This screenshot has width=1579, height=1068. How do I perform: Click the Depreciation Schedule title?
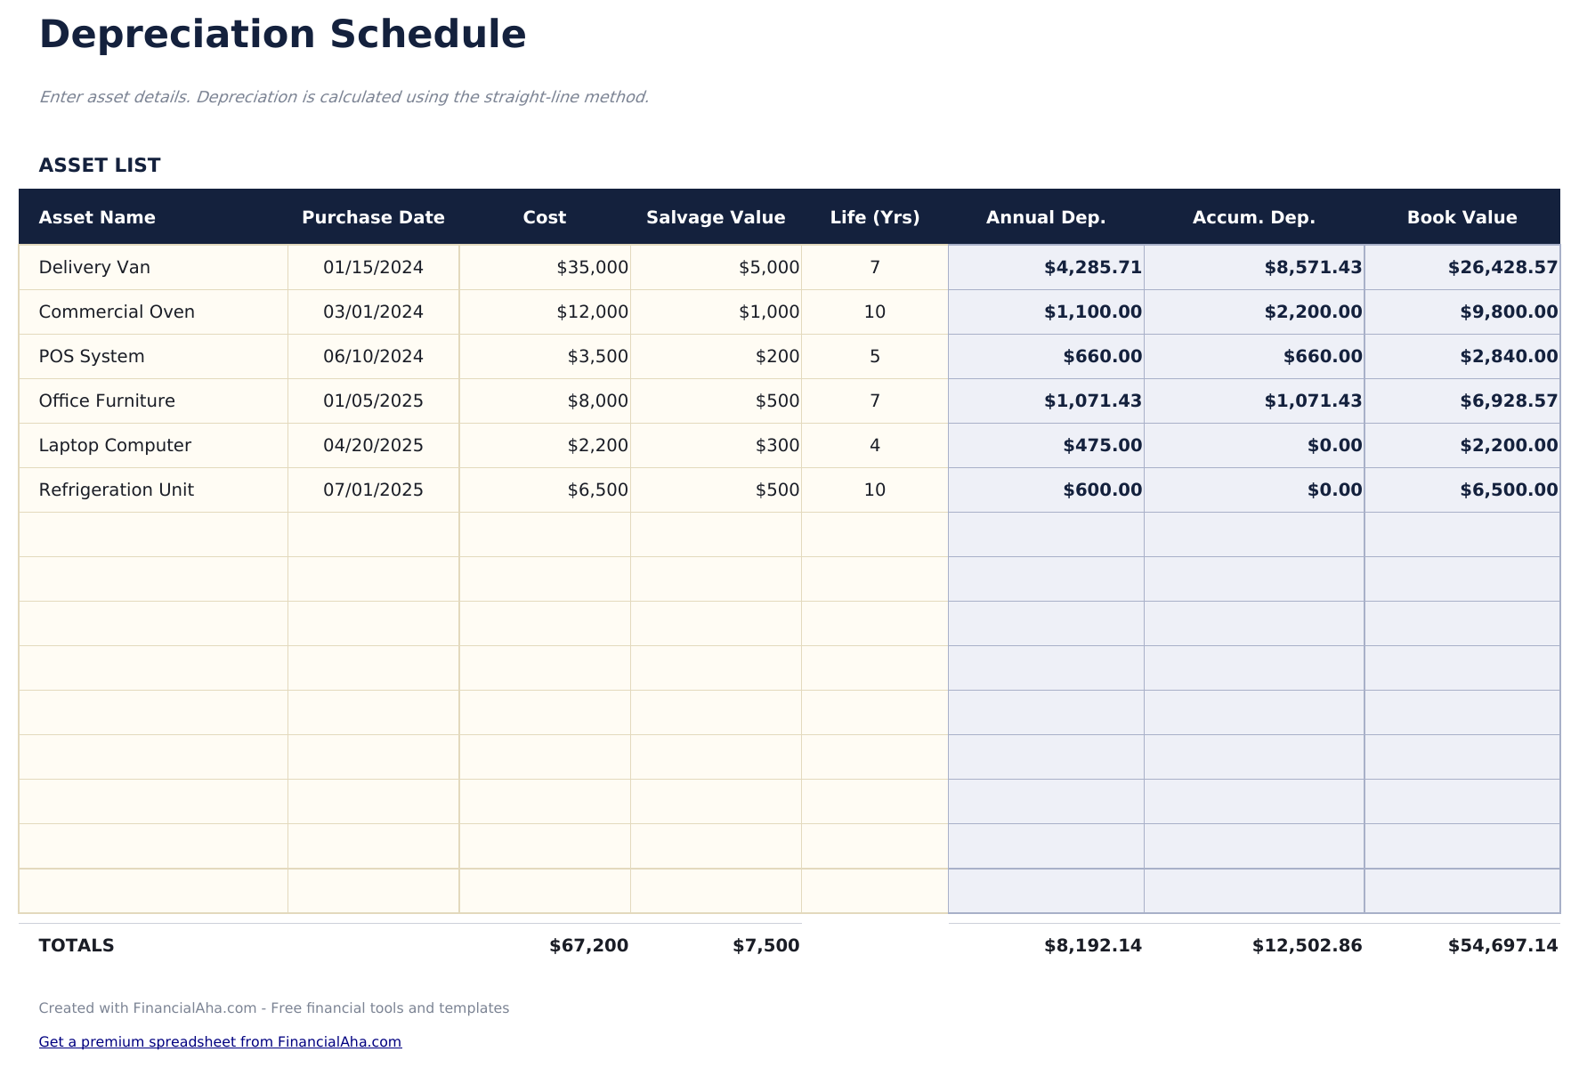(x=282, y=36)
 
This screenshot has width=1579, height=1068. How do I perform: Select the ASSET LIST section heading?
(x=100, y=166)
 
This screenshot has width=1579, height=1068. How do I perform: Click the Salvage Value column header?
(x=716, y=218)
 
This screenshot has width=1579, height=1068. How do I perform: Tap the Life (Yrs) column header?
(x=874, y=218)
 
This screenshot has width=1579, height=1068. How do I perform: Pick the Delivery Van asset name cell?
(x=94, y=268)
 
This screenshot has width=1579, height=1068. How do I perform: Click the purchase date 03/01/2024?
(x=373, y=312)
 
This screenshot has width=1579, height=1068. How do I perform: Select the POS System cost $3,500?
(x=597, y=357)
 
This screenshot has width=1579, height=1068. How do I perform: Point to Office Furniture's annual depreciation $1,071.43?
(x=1092, y=401)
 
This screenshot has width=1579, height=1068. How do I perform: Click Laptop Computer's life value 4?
(x=874, y=446)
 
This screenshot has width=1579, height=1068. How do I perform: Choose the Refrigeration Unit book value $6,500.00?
(x=1508, y=490)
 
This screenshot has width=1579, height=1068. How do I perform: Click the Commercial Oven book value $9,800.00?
(x=1508, y=312)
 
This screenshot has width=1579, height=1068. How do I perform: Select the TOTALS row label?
(x=77, y=946)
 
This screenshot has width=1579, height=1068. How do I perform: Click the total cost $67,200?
(x=588, y=946)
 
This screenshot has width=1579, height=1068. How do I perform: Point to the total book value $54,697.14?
(x=1502, y=946)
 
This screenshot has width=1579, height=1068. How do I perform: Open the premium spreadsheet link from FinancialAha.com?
(x=220, y=1042)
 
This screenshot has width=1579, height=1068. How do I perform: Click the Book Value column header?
(x=1462, y=218)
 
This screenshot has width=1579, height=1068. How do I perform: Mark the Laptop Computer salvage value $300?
(x=777, y=446)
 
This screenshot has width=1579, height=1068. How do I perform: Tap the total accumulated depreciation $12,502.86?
(x=1306, y=946)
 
